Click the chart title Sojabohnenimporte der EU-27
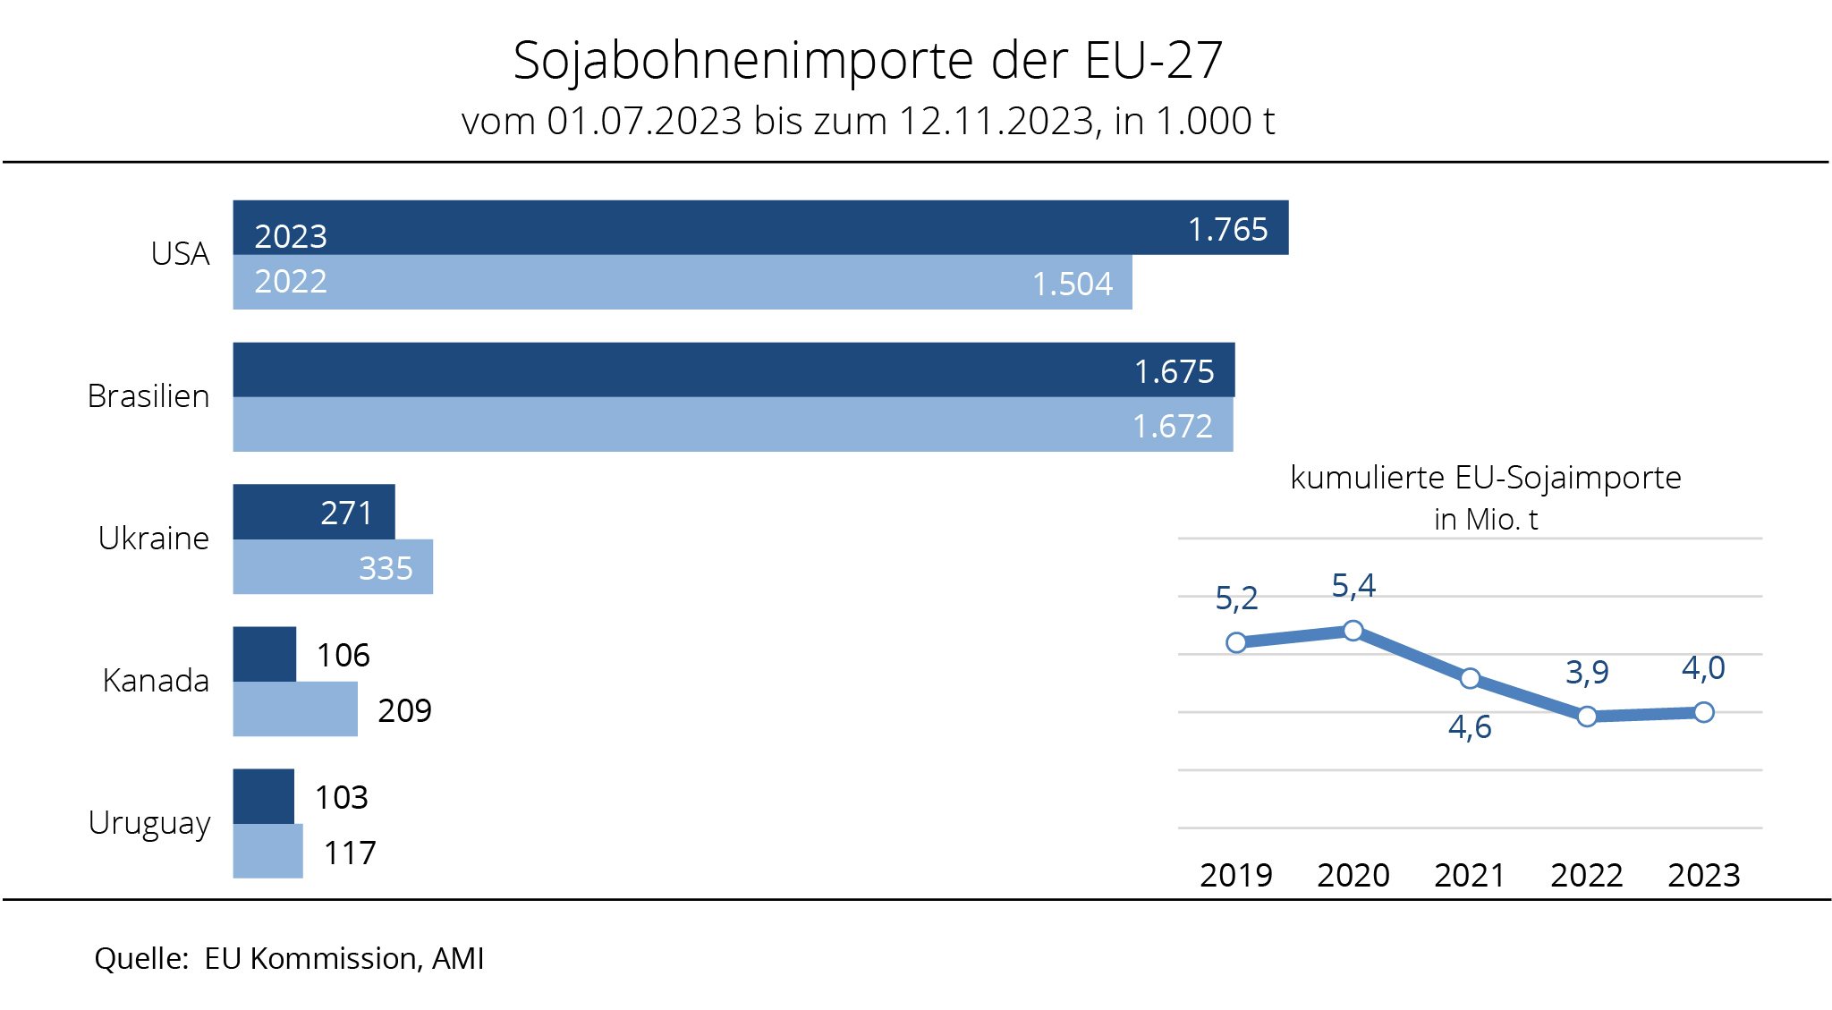868,61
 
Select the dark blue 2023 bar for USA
760,227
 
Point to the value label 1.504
1072,284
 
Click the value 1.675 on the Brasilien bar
1174,371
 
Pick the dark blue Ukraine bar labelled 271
313,513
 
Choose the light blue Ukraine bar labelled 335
333,567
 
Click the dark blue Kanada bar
264,654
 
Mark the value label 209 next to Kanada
404,710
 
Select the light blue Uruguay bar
267,852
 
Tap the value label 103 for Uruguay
341,797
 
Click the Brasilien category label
148,396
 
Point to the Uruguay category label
149,823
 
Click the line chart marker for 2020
1353,631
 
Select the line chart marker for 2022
1587,717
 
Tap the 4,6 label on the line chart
1470,727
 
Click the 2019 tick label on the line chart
1236,875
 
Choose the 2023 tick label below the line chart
1703,875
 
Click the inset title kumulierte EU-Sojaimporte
1485,478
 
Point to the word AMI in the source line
458,958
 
